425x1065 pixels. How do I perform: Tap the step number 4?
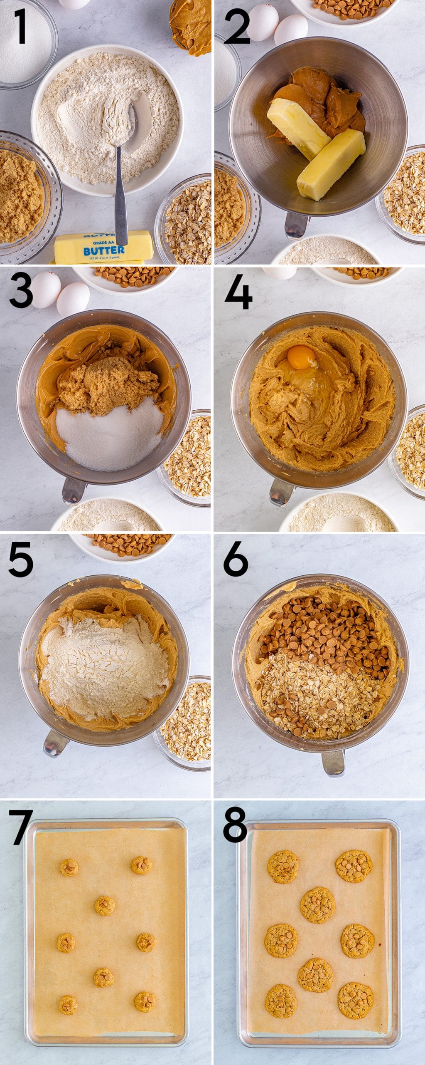point(238,294)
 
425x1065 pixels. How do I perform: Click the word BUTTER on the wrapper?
point(103,250)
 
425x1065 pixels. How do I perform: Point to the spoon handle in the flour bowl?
point(121,200)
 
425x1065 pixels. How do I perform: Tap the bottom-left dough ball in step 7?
point(67,1005)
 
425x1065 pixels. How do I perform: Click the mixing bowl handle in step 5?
point(55,743)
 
